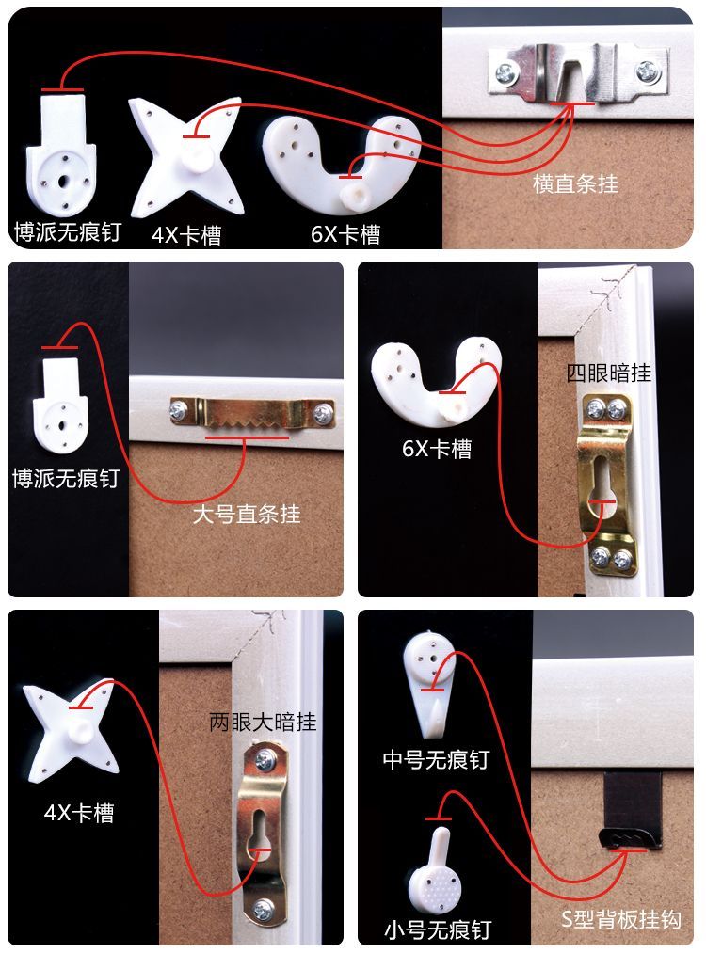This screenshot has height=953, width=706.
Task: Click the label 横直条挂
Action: [x=575, y=183]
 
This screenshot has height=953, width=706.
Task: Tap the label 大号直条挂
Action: [x=247, y=515]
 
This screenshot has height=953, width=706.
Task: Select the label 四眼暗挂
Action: [x=609, y=373]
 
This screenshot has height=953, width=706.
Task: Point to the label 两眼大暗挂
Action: [x=263, y=723]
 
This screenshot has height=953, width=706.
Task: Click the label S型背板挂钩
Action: [x=621, y=919]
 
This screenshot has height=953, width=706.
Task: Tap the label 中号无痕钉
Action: [x=436, y=760]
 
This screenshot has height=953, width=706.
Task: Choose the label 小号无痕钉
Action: [x=438, y=929]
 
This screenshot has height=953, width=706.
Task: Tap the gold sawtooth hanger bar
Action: [x=253, y=413]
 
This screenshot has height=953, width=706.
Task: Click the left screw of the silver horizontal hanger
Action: [x=506, y=74]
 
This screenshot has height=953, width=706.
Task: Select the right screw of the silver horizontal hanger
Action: [x=647, y=71]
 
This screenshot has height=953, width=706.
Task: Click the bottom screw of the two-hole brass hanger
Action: [x=264, y=910]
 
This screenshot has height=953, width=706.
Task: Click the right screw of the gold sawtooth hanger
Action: [x=321, y=415]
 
